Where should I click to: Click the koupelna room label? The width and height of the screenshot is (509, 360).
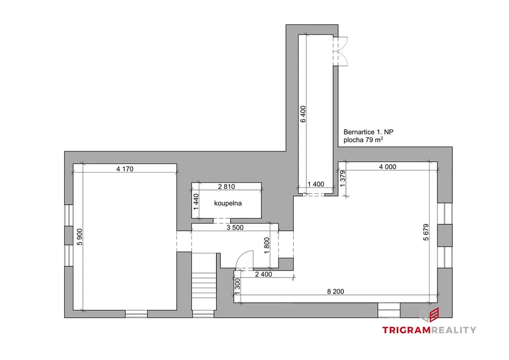(x=228, y=203)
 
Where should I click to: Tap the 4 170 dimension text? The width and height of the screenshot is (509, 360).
(x=125, y=169)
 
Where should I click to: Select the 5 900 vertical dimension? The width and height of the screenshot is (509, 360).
(x=80, y=237)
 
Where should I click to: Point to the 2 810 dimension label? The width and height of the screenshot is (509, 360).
(x=227, y=186)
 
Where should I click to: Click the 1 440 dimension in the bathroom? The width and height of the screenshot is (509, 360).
(x=196, y=202)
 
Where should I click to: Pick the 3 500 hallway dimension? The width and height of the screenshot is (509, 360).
(x=235, y=228)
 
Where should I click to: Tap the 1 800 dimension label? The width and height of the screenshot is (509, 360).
(x=267, y=246)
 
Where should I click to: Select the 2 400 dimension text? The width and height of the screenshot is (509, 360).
(x=263, y=274)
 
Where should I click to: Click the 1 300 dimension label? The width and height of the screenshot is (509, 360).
(x=237, y=286)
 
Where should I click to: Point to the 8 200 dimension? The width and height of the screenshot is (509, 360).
(x=336, y=291)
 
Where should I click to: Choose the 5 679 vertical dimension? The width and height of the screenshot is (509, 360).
(x=426, y=232)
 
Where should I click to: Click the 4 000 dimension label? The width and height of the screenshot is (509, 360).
(x=388, y=167)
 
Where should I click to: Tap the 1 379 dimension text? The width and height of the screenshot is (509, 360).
(x=342, y=179)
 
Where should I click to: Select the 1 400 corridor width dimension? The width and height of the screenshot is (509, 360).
(x=316, y=184)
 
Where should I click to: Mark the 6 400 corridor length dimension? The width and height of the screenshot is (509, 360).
(x=303, y=114)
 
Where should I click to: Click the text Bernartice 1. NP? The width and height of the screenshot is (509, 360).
(x=368, y=132)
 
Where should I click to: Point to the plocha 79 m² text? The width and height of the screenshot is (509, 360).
(x=363, y=140)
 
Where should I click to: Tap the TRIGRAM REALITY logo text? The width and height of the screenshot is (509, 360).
(x=429, y=330)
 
